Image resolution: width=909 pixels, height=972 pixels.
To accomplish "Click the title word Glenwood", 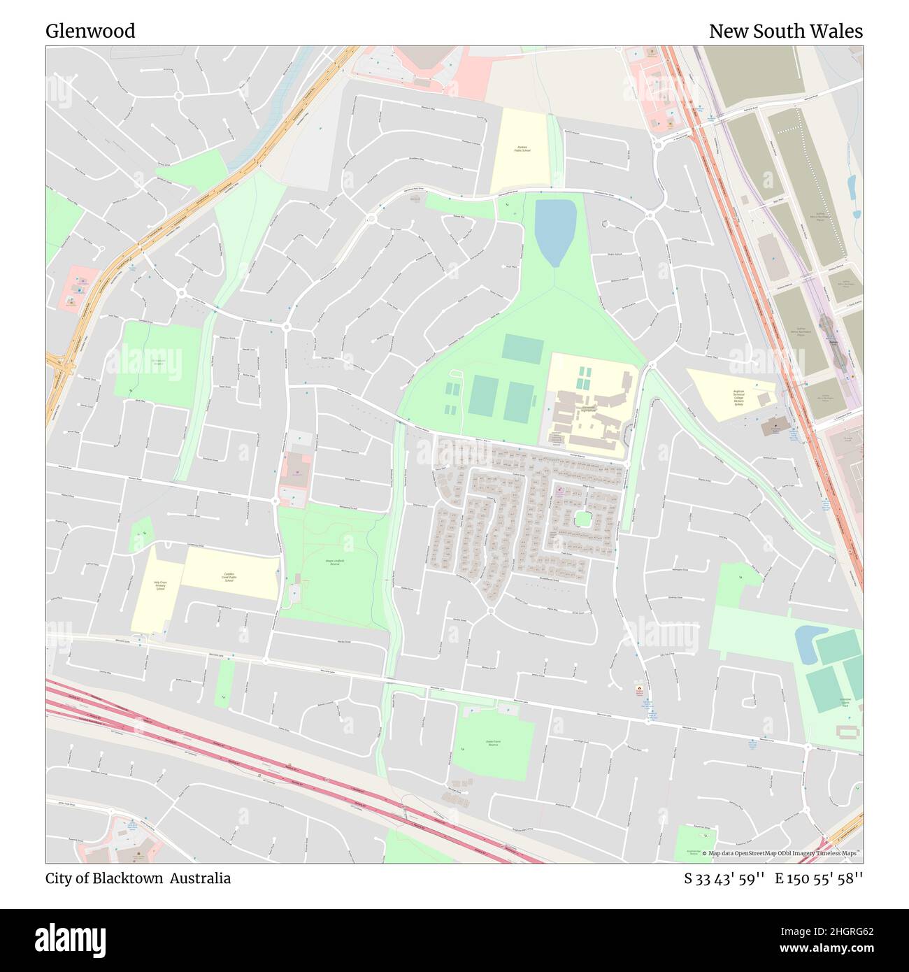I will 90,31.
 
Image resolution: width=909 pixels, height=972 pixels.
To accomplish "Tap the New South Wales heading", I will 785,31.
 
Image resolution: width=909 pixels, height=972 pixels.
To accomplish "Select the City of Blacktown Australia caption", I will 138,878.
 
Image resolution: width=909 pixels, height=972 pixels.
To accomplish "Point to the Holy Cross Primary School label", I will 159,585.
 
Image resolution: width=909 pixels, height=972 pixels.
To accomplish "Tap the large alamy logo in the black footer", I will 71,939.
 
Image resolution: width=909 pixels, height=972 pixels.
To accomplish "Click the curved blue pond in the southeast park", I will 808,642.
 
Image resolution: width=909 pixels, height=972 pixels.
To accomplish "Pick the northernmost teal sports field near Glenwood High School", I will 522,348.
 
